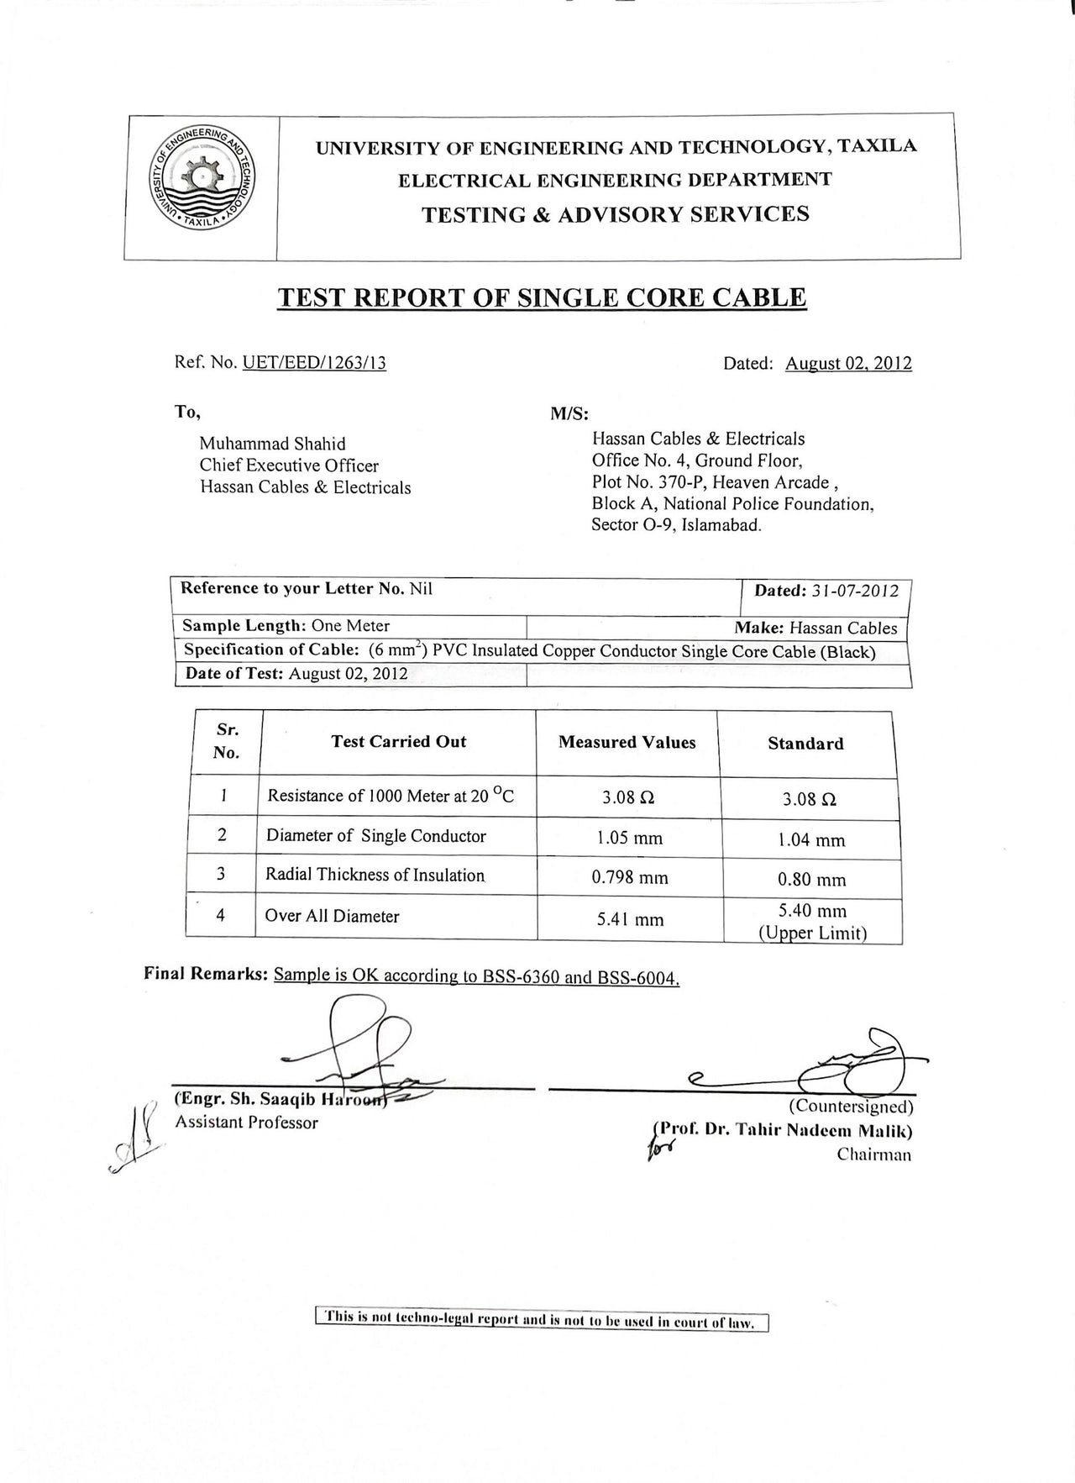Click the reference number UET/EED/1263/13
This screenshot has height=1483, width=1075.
click(x=314, y=363)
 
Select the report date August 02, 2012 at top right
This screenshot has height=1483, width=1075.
click(x=848, y=364)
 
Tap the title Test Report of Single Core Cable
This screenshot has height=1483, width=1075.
click(x=542, y=297)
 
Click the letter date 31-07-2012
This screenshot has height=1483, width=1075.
click(x=855, y=591)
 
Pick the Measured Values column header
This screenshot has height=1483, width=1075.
click(x=627, y=743)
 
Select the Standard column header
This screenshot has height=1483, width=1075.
click(x=805, y=744)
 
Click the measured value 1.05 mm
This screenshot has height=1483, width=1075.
click(x=629, y=839)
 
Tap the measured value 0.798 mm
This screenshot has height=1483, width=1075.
click(x=630, y=878)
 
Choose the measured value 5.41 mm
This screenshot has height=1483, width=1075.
click(x=630, y=920)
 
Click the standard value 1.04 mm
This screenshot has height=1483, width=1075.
click(x=811, y=840)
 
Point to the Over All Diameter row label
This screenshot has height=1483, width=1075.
click(x=332, y=916)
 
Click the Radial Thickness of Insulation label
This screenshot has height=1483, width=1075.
click(x=375, y=875)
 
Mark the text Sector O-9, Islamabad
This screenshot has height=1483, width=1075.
click(x=676, y=526)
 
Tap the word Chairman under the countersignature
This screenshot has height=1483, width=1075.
click(x=873, y=1154)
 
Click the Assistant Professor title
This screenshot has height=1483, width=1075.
click(x=246, y=1123)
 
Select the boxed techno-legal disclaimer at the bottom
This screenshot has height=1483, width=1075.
click(x=542, y=1320)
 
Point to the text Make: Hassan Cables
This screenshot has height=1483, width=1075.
click(x=815, y=628)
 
